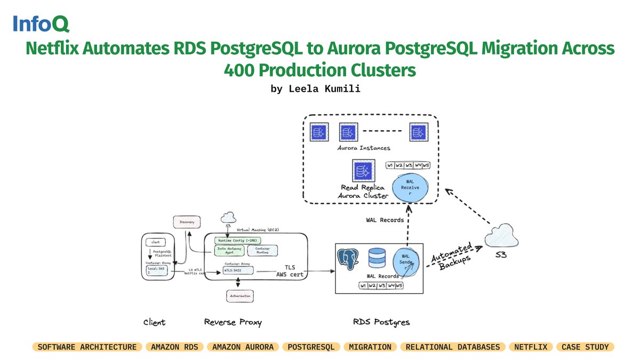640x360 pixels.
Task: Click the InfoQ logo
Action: pos(41,25)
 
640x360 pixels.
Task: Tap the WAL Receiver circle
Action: pos(410,187)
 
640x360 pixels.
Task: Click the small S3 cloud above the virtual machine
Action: pos(228,217)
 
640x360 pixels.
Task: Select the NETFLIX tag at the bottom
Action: pos(531,347)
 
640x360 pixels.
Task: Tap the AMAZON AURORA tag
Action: pos(243,347)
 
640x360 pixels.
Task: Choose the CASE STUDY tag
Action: pos(585,347)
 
